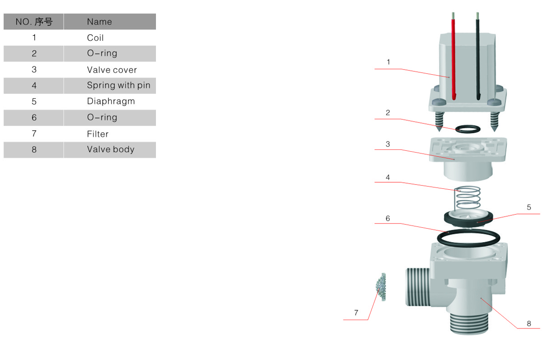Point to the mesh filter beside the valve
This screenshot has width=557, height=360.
382,287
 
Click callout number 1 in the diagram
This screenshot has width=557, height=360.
388,62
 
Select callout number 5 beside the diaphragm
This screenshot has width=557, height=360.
529,207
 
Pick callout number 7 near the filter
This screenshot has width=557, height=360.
356,313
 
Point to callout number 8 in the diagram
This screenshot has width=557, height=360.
529,323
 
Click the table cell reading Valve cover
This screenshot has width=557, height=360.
112,70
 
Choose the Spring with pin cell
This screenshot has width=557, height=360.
118,85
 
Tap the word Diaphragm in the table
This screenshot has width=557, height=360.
111,101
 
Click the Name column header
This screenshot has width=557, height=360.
99,22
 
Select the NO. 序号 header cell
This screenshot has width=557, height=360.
34,22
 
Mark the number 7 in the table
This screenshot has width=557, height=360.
34,134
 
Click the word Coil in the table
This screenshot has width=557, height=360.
95,38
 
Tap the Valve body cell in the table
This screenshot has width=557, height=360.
110,149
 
